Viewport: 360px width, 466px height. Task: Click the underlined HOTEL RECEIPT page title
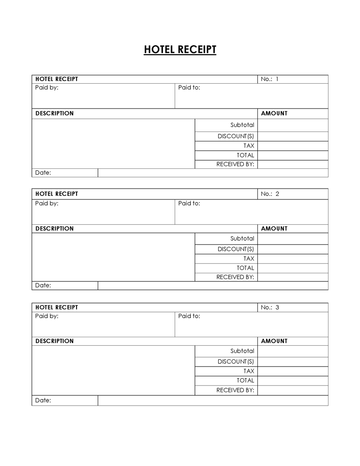(180, 50)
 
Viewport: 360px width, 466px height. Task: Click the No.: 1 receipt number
(270, 79)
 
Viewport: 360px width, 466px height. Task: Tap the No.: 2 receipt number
(270, 194)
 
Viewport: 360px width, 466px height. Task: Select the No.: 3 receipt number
(270, 308)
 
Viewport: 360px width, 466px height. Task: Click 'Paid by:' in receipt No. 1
(47, 87)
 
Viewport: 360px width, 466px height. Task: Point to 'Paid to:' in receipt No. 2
(189, 203)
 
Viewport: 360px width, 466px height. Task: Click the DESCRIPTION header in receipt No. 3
(54, 341)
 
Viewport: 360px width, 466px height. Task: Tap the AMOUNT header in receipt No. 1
(274, 113)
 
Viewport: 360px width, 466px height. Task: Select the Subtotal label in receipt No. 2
(242, 239)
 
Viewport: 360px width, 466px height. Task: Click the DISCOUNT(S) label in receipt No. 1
(236, 136)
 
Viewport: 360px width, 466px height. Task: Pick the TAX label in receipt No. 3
(249, 371)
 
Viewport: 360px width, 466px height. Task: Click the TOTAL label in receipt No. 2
(245, 268)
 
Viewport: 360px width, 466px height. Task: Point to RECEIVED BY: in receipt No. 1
(235, 164)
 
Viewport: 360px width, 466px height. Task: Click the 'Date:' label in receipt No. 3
(43, 400)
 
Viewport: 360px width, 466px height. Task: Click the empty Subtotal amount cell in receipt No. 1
(293, 125)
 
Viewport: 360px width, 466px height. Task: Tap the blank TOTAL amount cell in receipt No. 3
(293, 380)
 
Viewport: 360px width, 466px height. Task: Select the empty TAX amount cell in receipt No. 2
(293, 258)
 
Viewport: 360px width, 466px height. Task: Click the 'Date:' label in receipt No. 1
(43, 172)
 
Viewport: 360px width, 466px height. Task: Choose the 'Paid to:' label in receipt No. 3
(189, 316)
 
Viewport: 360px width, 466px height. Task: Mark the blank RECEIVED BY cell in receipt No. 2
(293, 277)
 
